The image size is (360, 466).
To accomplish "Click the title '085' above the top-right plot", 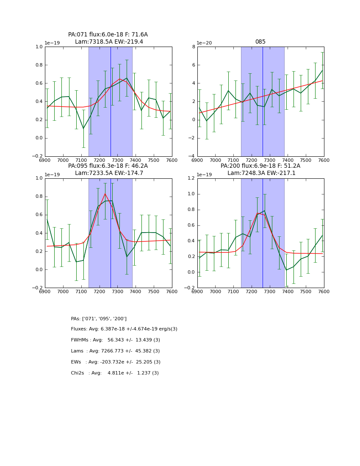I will (x=260, y=42).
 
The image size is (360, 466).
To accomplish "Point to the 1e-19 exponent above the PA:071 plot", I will (x=52, y=43).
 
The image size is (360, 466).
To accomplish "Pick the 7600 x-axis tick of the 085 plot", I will (x=324, y=160).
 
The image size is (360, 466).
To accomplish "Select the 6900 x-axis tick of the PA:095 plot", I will (x=45, y=291).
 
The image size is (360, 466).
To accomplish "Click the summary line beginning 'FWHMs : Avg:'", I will (x=115, y=340).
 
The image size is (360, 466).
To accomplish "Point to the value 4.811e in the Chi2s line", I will (x=116, y=373).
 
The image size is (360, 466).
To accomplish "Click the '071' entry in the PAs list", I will (x=93, y=319).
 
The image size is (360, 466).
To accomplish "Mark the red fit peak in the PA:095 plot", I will (x=105, y=194).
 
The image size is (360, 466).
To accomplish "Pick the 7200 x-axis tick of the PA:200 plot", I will (x=252, y=291).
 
